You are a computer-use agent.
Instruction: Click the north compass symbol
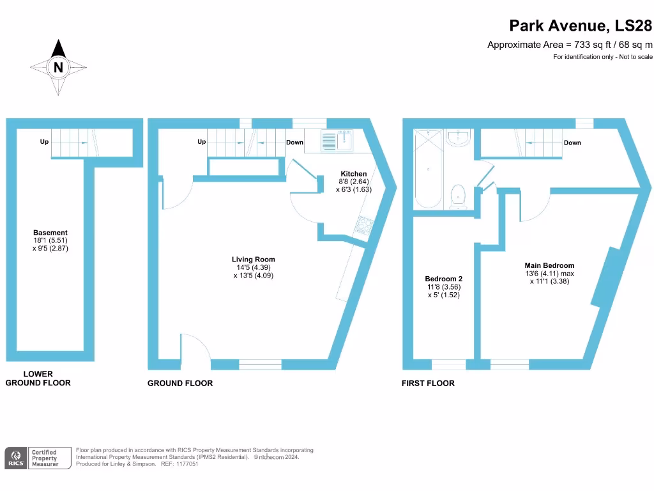[58, 67]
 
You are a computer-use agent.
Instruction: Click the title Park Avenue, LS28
[581, 26]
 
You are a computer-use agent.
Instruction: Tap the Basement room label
[50, 233]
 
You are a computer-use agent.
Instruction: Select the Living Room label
[254, 260]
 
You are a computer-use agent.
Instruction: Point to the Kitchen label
[353, 174]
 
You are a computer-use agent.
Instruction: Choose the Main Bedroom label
[549, 265]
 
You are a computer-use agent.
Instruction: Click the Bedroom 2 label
[443, 279]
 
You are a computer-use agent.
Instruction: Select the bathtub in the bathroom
[427, 169]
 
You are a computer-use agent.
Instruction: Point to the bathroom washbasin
[459, 137]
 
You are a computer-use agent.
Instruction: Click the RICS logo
[16, 457]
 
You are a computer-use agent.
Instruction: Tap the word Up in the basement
[44, 142]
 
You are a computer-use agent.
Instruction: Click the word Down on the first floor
[572, 143]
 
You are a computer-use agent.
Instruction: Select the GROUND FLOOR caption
[180, 383]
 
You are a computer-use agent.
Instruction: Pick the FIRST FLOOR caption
[428, 383]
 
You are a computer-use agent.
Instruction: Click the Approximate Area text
[570, 44]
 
